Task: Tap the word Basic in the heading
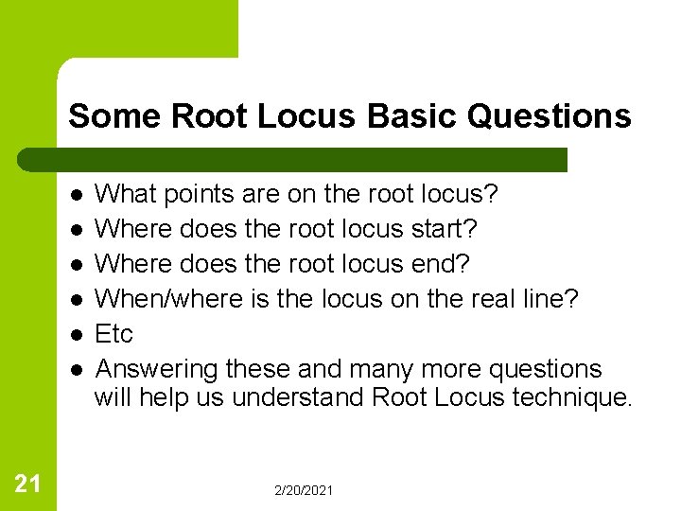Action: (412, 116)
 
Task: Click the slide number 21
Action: (28, 485)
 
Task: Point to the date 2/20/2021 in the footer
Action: (304, 490)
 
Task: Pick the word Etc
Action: (114, 334)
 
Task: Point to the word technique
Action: (570, 397)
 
